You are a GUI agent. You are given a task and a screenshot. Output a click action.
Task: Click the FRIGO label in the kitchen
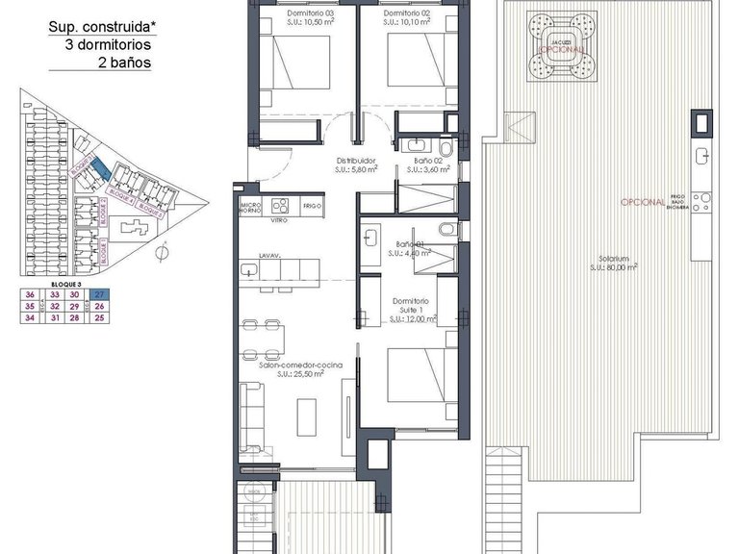311,206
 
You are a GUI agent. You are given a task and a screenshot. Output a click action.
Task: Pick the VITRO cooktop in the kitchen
282,206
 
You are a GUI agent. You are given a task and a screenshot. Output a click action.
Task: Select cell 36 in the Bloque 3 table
31,295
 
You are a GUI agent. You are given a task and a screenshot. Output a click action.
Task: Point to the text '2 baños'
124,63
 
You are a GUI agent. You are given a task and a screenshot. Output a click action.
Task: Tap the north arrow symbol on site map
163,253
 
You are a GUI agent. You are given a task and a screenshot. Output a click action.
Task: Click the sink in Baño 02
404,146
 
